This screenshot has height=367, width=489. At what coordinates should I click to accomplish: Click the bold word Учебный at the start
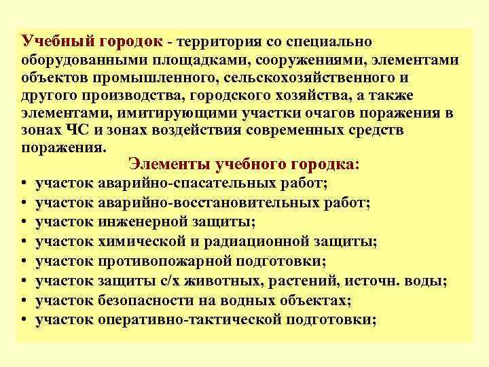(50, 41)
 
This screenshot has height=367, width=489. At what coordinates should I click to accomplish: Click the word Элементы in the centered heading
(167, 164)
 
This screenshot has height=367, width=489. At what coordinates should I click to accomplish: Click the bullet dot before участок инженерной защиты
(23, 223)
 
